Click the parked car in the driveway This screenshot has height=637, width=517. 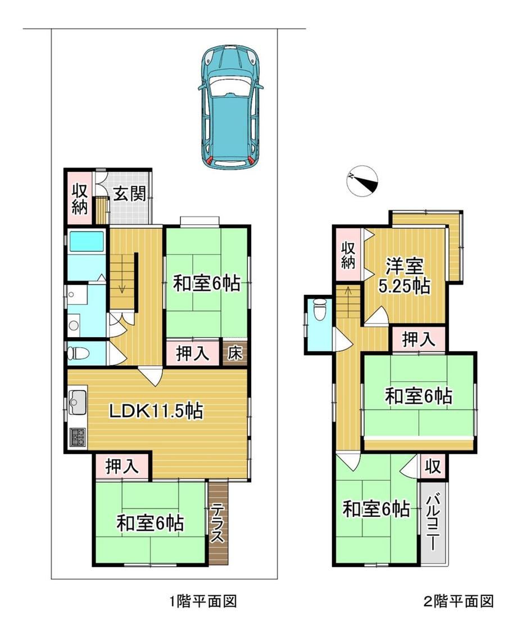(x=230, y=106)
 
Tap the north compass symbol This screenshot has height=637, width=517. (x=363, y=181)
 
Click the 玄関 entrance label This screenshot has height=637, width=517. (x=129, y=194)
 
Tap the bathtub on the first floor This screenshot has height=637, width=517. (x=85, y=242)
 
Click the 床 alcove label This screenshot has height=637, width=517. (x=234, y=353)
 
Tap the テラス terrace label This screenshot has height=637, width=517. (x=218, y=522)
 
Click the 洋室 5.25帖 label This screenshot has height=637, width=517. (x=404, y=276)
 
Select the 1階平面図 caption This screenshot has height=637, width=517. (x=203, y=600)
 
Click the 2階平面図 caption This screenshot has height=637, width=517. (x=459, y=600)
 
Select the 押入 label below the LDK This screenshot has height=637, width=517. (x=122, y=466)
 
